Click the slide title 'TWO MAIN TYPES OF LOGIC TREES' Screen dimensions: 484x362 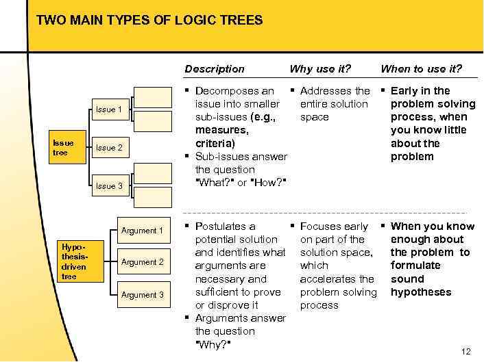click(149, 21)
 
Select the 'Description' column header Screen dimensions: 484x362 click(215, 68)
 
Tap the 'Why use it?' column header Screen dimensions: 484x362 click(320, 68)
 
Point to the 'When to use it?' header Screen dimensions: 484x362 click(421, 68)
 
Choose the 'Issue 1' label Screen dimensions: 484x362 click(109, 109)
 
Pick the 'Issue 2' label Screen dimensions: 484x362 click(109, 148)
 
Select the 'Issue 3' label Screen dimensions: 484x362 click(109, 186)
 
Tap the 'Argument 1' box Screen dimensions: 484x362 click(142, 231)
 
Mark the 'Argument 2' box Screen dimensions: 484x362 click(142, 262)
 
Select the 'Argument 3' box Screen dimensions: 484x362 click(142, 295)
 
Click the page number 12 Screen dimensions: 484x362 click(466, 352)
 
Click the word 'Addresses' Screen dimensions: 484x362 click(326, 91)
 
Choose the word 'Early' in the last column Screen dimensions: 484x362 click(405, 91)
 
